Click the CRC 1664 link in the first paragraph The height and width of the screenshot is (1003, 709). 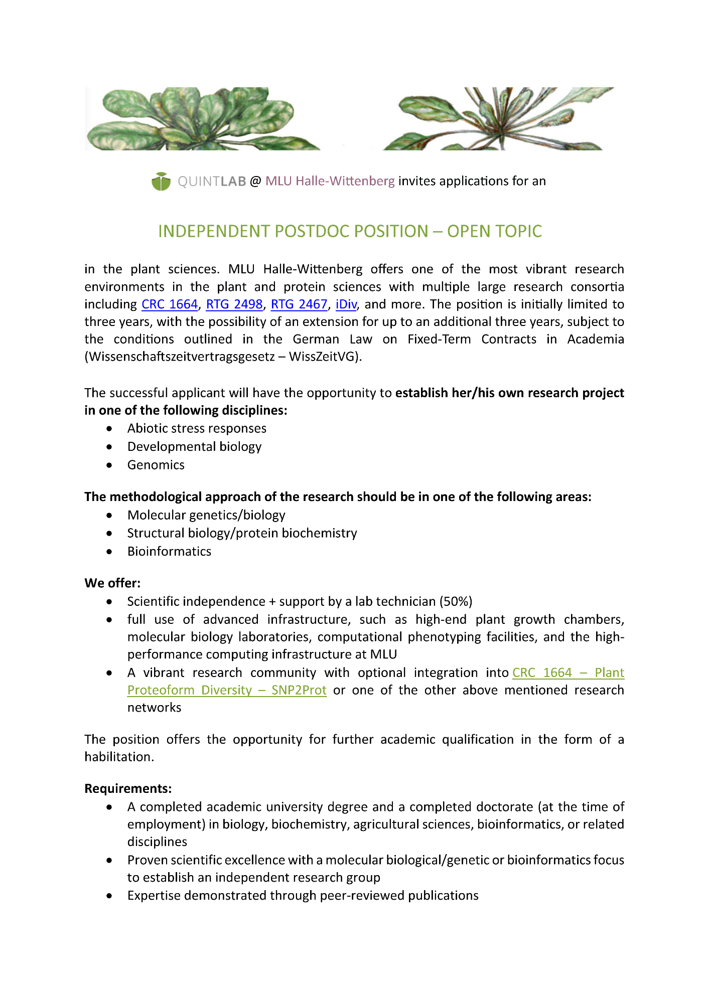pyautogui.click(x=170, y=304)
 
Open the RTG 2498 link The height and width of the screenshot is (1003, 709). pyautogui.click(x=234, y=304)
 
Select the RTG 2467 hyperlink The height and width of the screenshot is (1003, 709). pyautogui.click(x=299, y=304)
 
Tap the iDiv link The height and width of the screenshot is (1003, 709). pyautogui.click(x=346, y=304)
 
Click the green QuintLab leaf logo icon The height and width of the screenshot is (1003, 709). pyautogui.click(x=161, y=182)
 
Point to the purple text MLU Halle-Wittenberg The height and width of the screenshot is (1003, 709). pyautogui.click(x=330, y=181)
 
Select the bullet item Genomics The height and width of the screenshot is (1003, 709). pyautogui.click(x=156, y=465)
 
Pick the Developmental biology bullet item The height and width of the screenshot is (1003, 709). pyautogui.click(x=194, y=447)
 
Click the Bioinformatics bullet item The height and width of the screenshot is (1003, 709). pyautogui.click(x=169, y=552)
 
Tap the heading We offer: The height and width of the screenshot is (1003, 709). pyautogui.click(x=112, y=583)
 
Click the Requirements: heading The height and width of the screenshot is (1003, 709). pyautogui.click(x=128, y=789)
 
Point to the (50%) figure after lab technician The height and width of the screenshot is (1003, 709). pyautogui.click(x=456, y=601)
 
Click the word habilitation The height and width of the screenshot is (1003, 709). pyautogui.click(x=118, y=757)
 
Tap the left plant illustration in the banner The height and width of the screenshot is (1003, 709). pyautogui.click(x=201, y=119)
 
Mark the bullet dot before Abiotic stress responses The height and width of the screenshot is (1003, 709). pyautogui.click(x=109, y=429)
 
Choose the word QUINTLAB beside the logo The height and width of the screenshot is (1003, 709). pyautogui.click(x=212, y=182)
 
